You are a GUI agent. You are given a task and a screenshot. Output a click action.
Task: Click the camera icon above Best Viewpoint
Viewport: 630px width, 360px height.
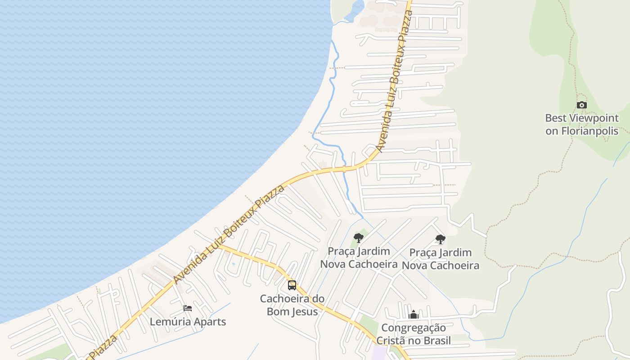click(x=581, y=105)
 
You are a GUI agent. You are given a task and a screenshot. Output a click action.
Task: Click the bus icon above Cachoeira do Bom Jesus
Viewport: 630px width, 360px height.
click(x=292, y=285)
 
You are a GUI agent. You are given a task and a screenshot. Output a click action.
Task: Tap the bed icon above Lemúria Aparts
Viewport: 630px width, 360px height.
click(x=188, y=308)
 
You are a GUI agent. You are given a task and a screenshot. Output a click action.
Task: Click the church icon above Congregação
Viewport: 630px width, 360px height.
click(x=414, y=315)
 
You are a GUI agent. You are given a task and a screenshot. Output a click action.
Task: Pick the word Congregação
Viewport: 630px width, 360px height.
click(x=414, y=328)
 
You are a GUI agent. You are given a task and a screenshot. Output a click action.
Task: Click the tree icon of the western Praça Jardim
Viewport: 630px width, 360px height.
click(x=358, y=238)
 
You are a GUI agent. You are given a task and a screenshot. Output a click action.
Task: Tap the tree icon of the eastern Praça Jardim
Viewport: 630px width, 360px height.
click(x=440, y=239)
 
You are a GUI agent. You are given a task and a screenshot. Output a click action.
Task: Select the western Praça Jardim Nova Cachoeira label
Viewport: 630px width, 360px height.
click(x=359, y=258)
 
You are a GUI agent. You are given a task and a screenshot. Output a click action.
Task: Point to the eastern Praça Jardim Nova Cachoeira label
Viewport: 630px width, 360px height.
click(x=440, y=259)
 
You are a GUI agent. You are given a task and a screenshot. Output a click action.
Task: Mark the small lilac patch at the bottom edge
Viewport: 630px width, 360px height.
click(x=379, y=353)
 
